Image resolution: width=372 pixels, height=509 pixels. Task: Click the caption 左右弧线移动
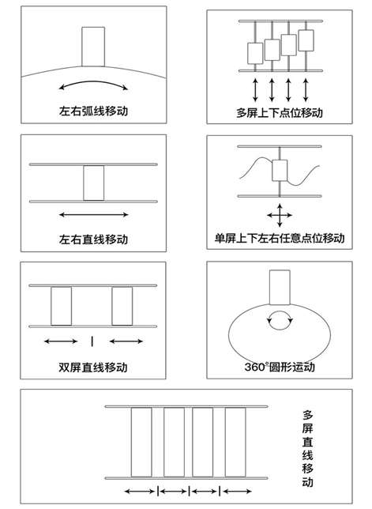point(93,111)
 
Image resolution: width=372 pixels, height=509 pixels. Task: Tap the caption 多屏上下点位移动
point(279,111)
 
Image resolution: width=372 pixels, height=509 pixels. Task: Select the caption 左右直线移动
point(93,239)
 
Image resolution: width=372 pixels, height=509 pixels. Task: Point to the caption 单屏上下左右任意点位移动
point(280,237)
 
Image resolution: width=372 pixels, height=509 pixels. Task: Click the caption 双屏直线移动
point(93,367)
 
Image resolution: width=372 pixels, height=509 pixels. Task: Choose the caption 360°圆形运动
point(279,367)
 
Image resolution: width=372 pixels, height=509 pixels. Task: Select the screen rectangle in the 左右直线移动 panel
point(93,183)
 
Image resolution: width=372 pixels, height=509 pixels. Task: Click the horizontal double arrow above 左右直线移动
point(93,214)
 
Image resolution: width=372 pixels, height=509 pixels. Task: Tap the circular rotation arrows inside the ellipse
point(280,319)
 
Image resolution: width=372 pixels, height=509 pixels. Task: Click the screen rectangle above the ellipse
point(280,288)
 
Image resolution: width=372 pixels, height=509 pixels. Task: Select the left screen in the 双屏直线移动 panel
point(61,306)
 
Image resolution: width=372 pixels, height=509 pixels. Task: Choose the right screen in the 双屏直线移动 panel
point(122,306)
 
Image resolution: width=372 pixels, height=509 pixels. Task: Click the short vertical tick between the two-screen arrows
point(92,341)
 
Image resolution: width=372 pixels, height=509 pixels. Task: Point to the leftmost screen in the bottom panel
point(141,443)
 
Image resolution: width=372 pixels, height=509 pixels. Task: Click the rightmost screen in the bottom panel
point(235,443)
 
